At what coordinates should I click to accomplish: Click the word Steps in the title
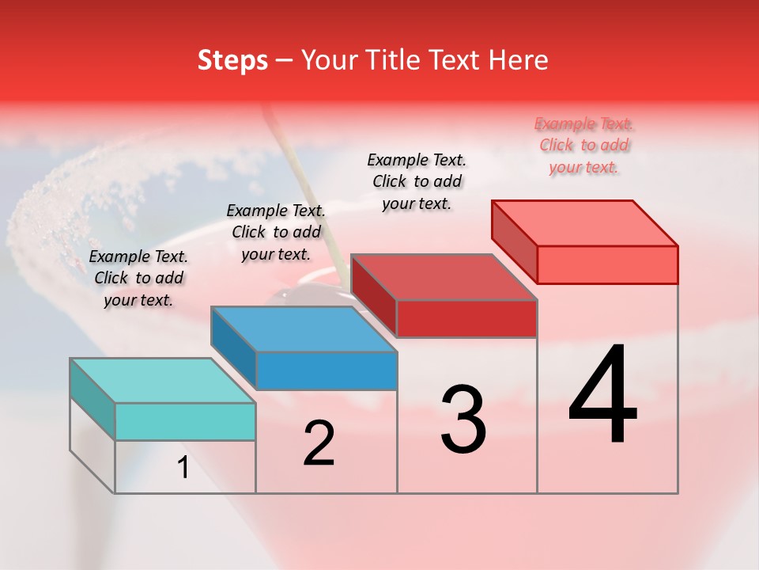[232, 60]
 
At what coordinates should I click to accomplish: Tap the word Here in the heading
[519, 60]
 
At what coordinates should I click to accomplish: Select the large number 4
[602, 395]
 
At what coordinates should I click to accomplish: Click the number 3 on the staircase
[463, 419]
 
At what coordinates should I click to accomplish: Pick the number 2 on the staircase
[319, 443]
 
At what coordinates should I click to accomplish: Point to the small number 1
[183, 468]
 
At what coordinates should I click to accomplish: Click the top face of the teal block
[163, 380]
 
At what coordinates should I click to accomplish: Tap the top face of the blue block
[304, 329]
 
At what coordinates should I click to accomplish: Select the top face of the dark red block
[444, 277]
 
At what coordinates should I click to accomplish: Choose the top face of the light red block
[585, 223]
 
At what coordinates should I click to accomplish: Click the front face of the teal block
[185, 421]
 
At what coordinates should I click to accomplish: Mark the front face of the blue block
[327, 370]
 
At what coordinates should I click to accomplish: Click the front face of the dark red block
[466, 318]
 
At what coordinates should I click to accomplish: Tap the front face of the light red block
[607, 264]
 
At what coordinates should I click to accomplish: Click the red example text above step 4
[584, 145]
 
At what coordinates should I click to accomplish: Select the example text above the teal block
[138, 278]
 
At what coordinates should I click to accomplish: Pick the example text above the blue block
[276, 232]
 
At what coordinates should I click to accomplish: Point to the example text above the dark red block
[417, 181]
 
